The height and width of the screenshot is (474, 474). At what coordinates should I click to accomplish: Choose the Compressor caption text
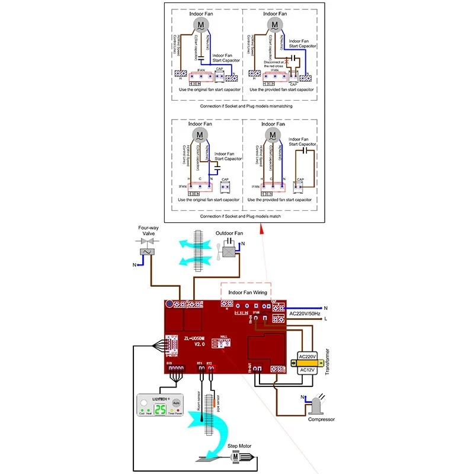point(321,419)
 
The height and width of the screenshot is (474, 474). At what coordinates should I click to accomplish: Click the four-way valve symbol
point(146,250)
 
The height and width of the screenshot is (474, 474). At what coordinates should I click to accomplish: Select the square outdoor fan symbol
point(228,251)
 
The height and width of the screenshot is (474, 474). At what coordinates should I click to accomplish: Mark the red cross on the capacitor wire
point(287,61)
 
